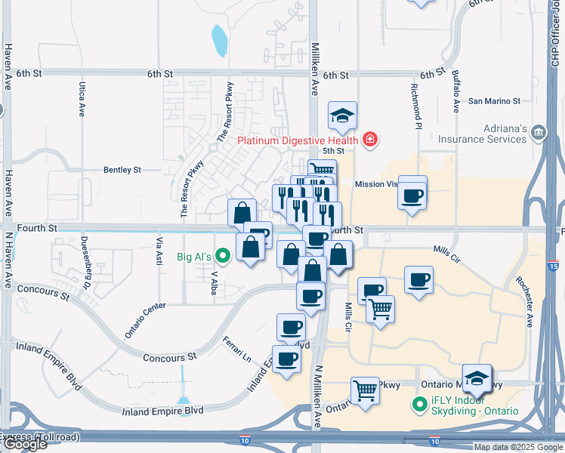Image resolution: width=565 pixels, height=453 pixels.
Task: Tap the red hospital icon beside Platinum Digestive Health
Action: (x=369, y=139)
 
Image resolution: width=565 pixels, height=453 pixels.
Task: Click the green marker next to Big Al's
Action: (x=223, y=256)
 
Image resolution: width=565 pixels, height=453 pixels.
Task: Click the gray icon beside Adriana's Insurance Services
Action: (x=539, y=134)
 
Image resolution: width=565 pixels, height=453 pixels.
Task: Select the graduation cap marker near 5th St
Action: (x=342, y=116)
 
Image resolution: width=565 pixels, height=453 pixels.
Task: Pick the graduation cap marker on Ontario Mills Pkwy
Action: (x=477, y=377)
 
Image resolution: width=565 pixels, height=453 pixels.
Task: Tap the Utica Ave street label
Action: (x=82, y=100)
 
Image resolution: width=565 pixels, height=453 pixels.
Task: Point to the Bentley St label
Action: (x=122, y=171)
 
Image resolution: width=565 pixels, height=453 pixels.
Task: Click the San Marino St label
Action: (x=494, y=100)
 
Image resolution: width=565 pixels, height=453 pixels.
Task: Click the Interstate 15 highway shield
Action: (x=554, y=267)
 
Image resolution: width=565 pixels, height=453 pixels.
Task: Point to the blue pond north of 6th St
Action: (x=220, y=41)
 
